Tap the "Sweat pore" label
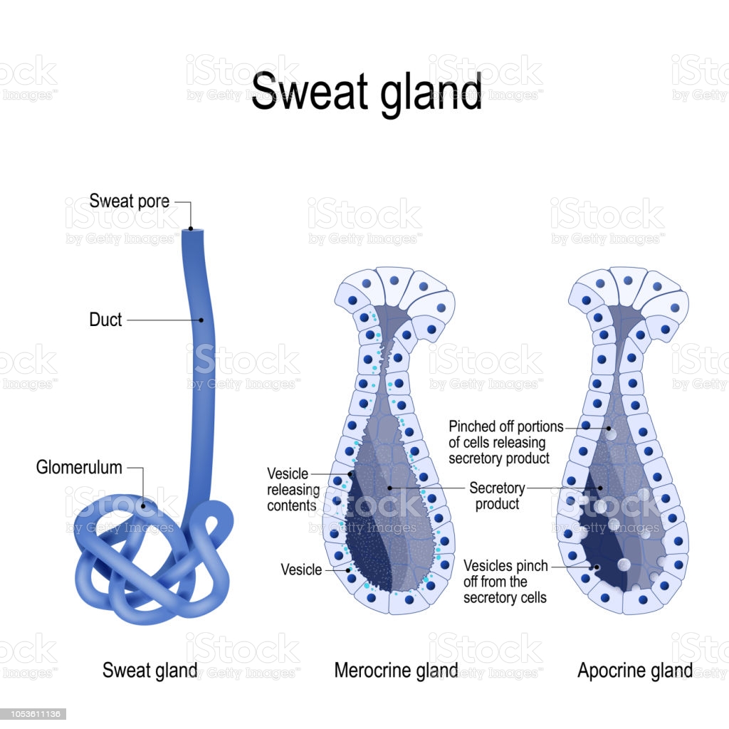[x=130, y=201]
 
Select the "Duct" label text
[x=105, y=320]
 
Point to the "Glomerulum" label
[x=79, y=467]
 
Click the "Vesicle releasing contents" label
[x=293, y=490]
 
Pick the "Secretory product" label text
[x=497, y=495]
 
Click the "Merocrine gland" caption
[x=396, y=671]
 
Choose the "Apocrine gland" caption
[x=635, y=671]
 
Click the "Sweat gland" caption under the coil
[x=150, y=671]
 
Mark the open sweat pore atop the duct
[x=191, y=229]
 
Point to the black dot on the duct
[x=201, y=320]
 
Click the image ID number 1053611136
[x=33, y=714]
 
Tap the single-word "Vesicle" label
[x=301, y=570]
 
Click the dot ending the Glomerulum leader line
[x=144, y=506]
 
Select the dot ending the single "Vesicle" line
[x=348, y=570]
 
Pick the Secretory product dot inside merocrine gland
[x=389, y=488]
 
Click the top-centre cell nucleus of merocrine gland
[x=394, y=280]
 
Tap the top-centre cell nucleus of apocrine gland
[x=628, y=280]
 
